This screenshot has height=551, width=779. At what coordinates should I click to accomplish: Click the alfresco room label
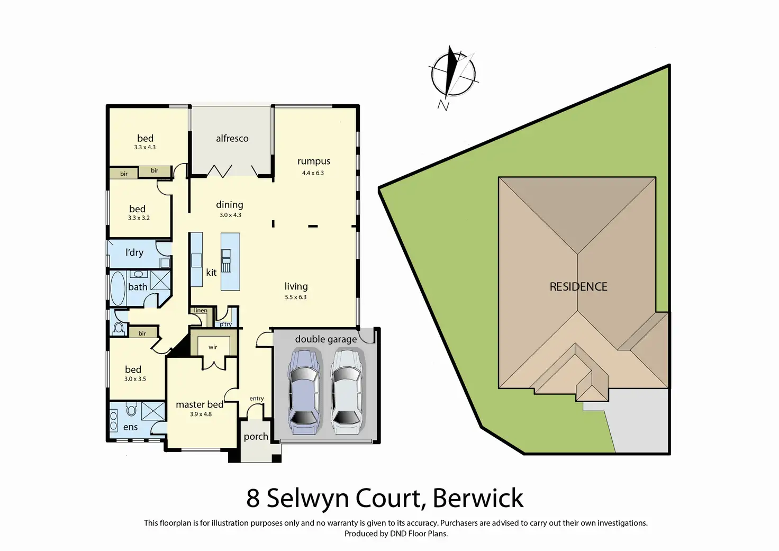[232, 138]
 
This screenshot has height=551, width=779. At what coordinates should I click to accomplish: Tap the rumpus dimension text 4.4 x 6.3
[313, 173]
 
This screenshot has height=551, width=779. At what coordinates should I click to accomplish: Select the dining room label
[230, 204]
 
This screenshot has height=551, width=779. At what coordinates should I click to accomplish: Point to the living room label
[296, 286]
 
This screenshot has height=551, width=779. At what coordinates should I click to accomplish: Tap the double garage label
[325, 339]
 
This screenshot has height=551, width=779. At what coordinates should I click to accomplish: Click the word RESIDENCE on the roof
[578, 286]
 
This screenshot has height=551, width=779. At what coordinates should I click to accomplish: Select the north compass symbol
[452, 74]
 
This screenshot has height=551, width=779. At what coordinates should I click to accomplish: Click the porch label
[256, 437]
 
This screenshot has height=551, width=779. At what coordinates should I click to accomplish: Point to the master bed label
[200, 404]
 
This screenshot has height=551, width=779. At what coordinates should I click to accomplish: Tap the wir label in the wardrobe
[213, 347]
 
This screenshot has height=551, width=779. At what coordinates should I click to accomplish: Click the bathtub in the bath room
[117, 289]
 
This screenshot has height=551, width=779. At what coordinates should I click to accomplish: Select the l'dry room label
[134, 252]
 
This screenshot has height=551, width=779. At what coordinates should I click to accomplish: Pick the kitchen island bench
[230, 261]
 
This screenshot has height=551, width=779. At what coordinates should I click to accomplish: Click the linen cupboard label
[201, 310]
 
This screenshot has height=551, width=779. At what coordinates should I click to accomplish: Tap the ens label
[131, 427]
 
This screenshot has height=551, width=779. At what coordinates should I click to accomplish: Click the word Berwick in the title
[478, 498]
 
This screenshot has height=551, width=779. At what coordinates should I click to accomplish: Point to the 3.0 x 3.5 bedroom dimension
[135, 379]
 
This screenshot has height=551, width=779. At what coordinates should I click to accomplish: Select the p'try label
[226, 324]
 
